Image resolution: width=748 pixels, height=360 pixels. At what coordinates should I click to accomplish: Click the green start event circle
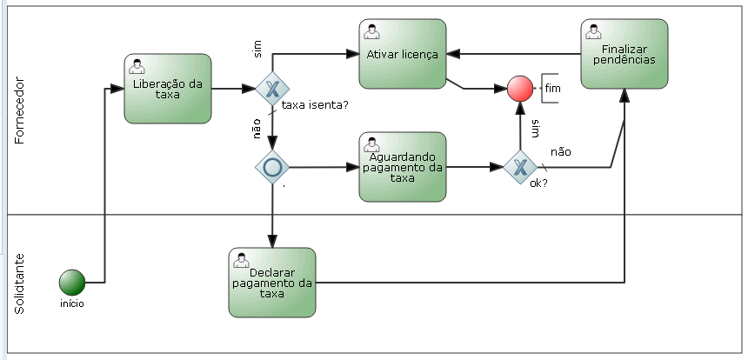click(72, 283)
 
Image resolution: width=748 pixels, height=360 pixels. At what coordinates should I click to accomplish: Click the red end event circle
click(520, 89)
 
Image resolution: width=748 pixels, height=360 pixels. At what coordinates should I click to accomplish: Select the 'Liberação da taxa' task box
click(168, 89)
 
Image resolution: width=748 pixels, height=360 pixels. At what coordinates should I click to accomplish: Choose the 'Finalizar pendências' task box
click(624, 54)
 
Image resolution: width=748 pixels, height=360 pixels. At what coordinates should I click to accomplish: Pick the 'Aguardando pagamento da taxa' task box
click(402, 166)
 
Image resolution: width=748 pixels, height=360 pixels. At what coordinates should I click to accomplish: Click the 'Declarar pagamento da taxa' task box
click(272, 283)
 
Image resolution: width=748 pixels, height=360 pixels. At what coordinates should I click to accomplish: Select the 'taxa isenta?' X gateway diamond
click(272, 89)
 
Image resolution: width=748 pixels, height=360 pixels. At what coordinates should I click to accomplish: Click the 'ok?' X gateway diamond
click(520, 166)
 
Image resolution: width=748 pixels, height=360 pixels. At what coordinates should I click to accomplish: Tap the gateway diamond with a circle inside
click(272, 166)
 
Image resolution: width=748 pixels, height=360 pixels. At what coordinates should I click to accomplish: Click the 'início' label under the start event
click(72, 304)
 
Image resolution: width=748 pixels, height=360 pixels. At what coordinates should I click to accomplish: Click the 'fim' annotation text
click(553, 89)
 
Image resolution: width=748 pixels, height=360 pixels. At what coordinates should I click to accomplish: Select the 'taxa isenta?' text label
click(316, 105)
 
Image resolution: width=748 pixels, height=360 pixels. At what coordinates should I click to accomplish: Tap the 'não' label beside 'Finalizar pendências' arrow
click(561, 151)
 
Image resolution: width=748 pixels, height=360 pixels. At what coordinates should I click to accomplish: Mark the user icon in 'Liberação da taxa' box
click(137, 66)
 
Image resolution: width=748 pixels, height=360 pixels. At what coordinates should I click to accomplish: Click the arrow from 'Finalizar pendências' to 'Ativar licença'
click(513, 54)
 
